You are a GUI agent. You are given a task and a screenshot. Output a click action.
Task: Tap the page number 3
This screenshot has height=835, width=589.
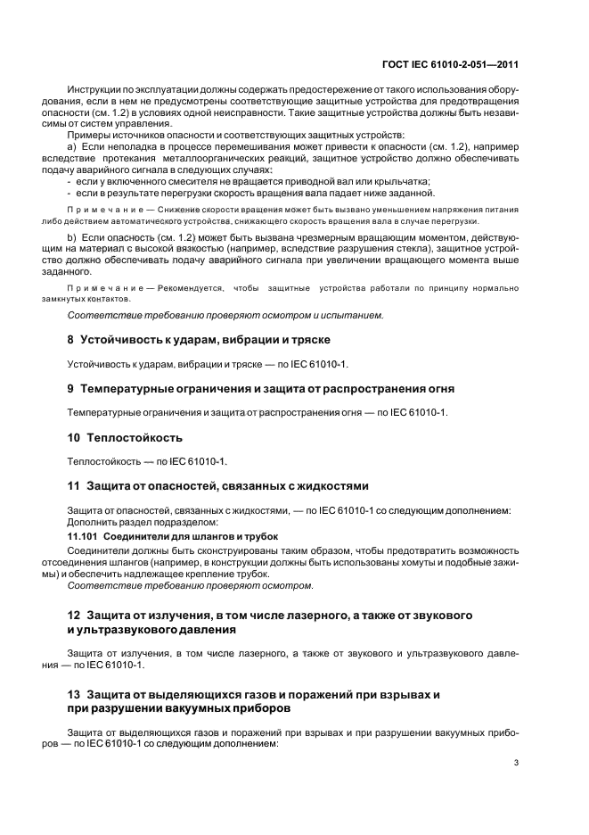(x=517, y=763)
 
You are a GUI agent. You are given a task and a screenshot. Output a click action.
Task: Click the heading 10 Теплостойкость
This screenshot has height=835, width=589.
(x=126, y=437)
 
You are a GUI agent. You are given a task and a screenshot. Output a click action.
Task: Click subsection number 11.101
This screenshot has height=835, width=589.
(x=82, y=536)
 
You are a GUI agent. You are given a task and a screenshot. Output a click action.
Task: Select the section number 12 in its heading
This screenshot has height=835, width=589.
(x=74, y=616)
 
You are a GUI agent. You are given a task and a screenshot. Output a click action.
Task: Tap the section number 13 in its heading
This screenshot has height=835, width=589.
(x=74, y=693)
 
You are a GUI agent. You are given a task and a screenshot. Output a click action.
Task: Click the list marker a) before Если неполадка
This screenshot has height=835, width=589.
(x=73, y=145)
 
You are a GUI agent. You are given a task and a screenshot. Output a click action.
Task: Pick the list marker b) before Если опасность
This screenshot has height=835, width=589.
(x=73, y=241)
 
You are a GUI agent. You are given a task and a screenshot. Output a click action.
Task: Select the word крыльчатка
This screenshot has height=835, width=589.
(x=402, y=180)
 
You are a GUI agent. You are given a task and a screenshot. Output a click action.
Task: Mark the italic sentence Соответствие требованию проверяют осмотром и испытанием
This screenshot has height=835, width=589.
(x=225, y=315)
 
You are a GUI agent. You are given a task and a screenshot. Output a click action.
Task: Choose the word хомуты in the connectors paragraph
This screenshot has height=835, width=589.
(x=409, y=563)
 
